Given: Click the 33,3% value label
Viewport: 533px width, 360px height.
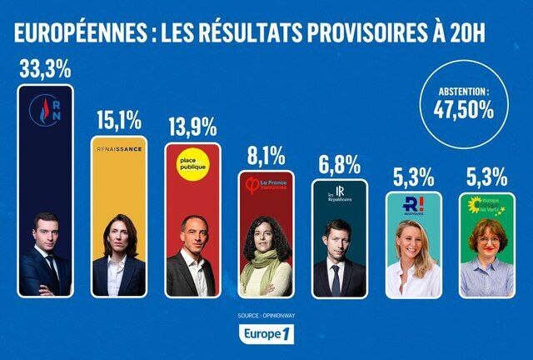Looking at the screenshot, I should pos(46,70).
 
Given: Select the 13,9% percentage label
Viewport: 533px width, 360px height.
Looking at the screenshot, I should pos(192,127).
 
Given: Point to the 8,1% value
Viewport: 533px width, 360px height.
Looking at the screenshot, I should pos(266,156).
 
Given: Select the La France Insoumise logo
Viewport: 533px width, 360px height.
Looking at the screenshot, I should pos(266,184).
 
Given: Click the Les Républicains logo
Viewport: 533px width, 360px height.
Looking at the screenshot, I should pos(339,196).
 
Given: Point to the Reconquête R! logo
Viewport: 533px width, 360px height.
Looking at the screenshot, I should pos(413,207).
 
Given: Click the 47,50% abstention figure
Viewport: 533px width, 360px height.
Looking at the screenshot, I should pos(463,108).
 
